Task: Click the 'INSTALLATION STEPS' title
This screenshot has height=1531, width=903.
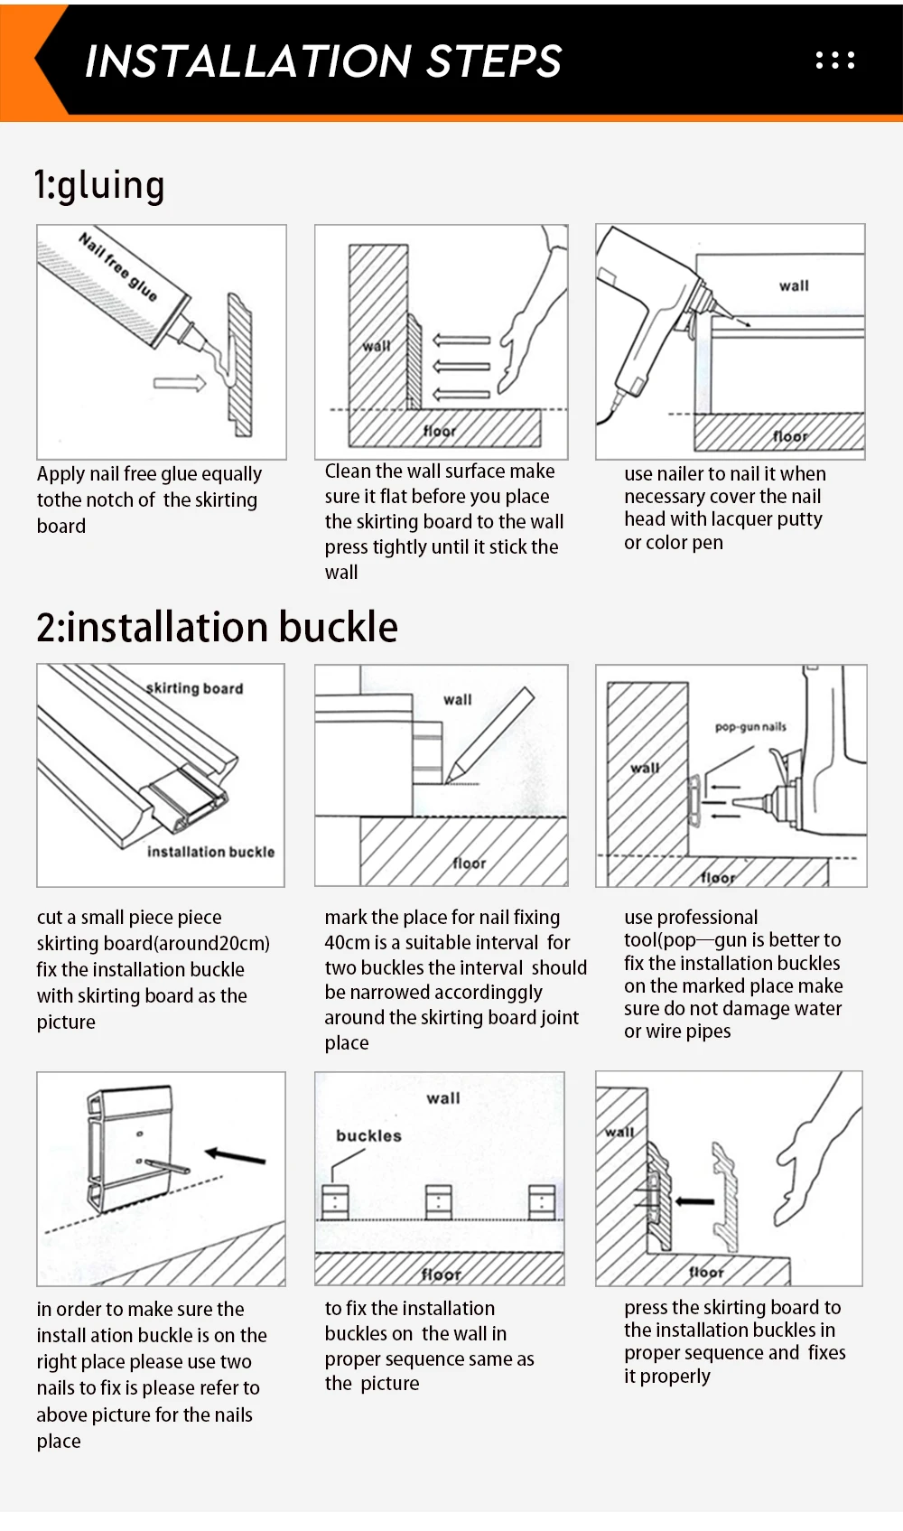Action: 323,61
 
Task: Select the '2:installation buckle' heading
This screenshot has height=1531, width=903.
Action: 217,627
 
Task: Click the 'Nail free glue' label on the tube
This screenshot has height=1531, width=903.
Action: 117,266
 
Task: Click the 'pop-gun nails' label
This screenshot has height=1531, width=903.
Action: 750,726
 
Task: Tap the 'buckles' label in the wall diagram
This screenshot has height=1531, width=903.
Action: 368,1135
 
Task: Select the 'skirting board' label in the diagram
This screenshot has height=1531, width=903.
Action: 195,687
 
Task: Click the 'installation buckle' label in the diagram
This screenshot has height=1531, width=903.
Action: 211,852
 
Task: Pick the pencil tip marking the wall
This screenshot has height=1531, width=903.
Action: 449,780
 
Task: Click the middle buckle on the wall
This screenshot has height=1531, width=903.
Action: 439,1202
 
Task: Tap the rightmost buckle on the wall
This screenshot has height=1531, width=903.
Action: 542,1202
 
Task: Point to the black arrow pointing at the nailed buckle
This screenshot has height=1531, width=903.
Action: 235,1156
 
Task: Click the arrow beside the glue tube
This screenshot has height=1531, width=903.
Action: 180,383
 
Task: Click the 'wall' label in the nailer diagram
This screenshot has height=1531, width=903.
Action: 794,285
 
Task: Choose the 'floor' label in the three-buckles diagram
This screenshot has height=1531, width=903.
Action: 441,1274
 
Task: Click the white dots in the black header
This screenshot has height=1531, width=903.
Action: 835,61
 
